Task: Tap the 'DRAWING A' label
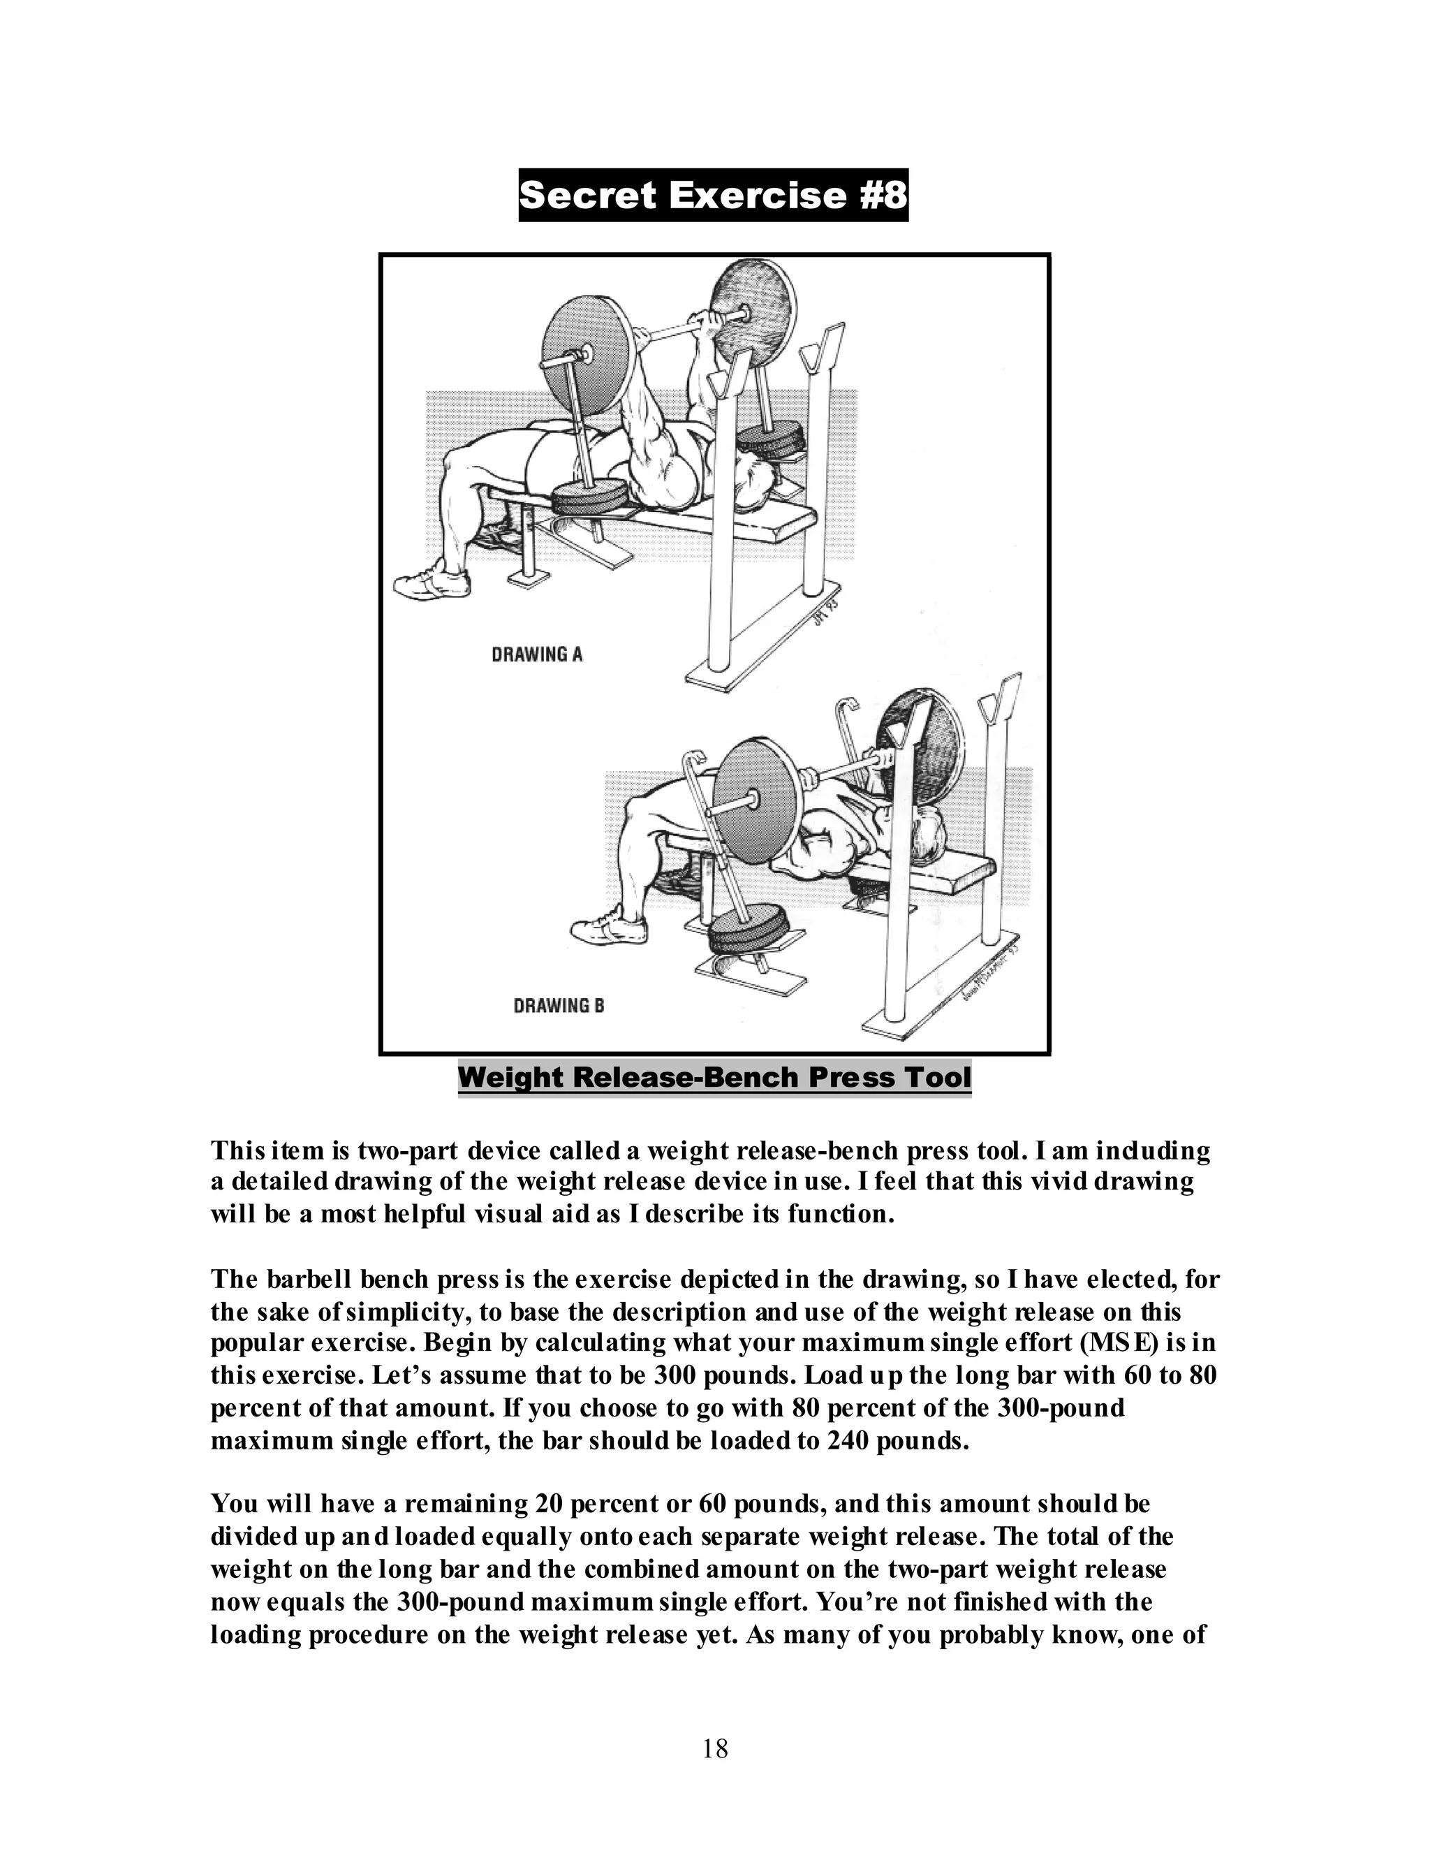[537, 654]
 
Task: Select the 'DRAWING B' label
[559, 1006]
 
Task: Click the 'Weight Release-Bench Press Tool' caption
[714, 1077]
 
